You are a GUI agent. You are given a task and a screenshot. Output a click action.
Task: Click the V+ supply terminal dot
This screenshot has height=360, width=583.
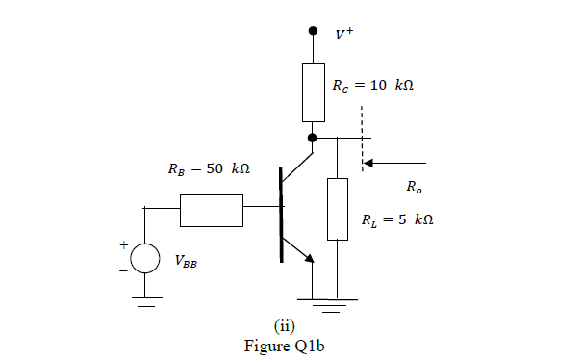313,31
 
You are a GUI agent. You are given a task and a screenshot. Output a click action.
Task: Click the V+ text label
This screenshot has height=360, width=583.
343,35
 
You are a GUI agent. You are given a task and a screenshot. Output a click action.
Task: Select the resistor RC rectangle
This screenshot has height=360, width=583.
313,92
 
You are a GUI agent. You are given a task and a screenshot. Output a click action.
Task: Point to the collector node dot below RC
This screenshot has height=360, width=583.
313,138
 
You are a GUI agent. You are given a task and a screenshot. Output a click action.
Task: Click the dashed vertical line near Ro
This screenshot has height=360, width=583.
364,140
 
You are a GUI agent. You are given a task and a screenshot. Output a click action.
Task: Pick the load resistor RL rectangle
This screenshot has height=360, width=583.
337,209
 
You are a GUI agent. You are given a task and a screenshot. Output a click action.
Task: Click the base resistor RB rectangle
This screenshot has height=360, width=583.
211,210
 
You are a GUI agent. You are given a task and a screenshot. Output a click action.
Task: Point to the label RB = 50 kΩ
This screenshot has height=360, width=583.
203,168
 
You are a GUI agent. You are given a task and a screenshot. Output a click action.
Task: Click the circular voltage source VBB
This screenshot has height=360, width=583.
144,258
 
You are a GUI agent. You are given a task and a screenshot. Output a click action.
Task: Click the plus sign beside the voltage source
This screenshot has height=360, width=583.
123,245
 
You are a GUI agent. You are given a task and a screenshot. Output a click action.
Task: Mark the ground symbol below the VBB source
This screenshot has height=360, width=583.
144,307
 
